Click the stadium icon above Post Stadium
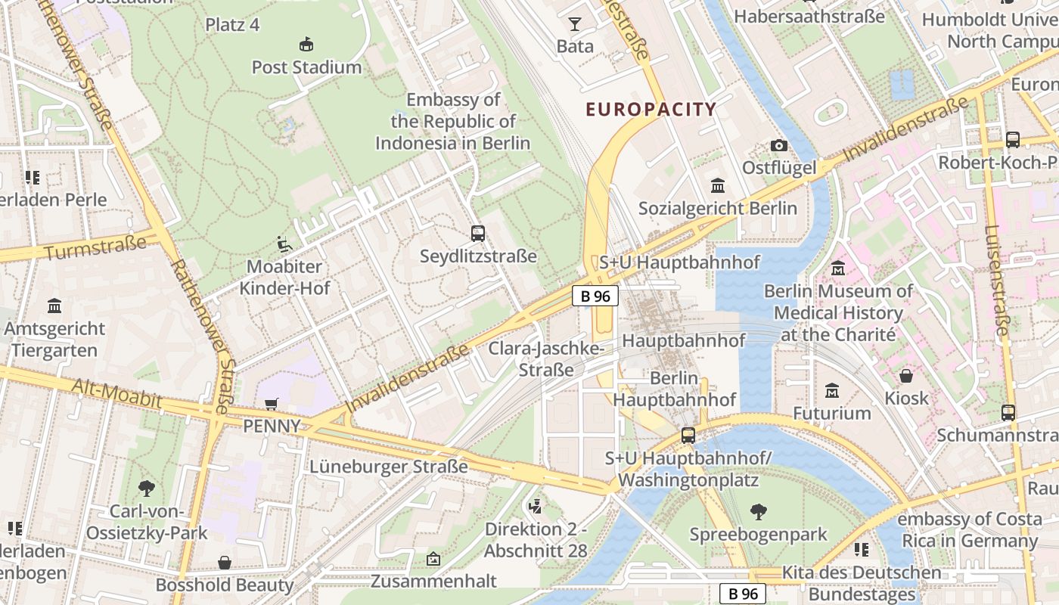306,44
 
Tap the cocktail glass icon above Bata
575,24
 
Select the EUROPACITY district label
651,109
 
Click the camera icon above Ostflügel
778,145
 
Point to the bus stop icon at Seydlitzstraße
477,233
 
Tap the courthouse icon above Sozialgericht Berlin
717,185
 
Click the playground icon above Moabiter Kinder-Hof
284,244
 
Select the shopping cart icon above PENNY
272,404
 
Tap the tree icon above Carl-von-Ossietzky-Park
146,489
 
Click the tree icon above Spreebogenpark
758,512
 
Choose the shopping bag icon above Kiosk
905,375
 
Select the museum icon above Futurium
832,391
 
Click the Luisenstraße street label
998,280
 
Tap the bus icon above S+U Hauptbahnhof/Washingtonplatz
688,436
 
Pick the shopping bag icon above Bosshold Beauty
224,563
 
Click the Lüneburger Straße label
389,467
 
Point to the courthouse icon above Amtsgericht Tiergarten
54,306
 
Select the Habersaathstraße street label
809,16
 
